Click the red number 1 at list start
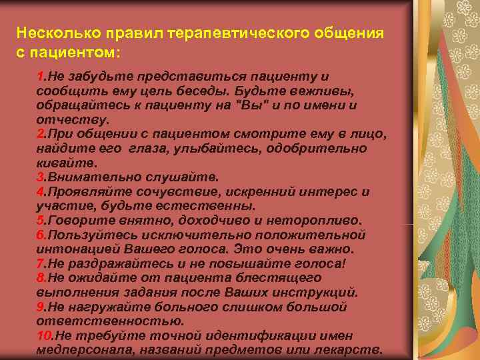tap(40, 77)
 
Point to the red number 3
tap(40, 178)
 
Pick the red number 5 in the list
tap(40, 221)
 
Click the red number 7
tap(40, 263)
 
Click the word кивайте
tap(67, 163)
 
